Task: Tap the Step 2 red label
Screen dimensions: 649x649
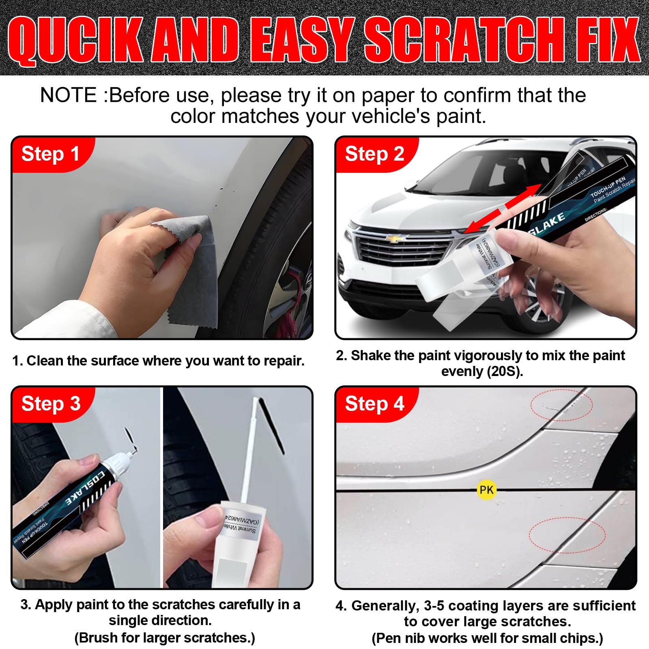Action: click(x=374, y=154)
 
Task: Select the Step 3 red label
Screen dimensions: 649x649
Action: click(x=51, y=404)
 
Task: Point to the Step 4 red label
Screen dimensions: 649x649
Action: click(x=374, y=404)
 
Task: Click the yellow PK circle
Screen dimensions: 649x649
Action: click(x=486, y=490)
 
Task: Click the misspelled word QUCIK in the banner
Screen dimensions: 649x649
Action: click(x=75, y=41)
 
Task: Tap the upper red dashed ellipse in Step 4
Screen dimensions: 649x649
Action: click(x=561, y=405)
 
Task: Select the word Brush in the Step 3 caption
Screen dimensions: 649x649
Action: click(x=99, y=638)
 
